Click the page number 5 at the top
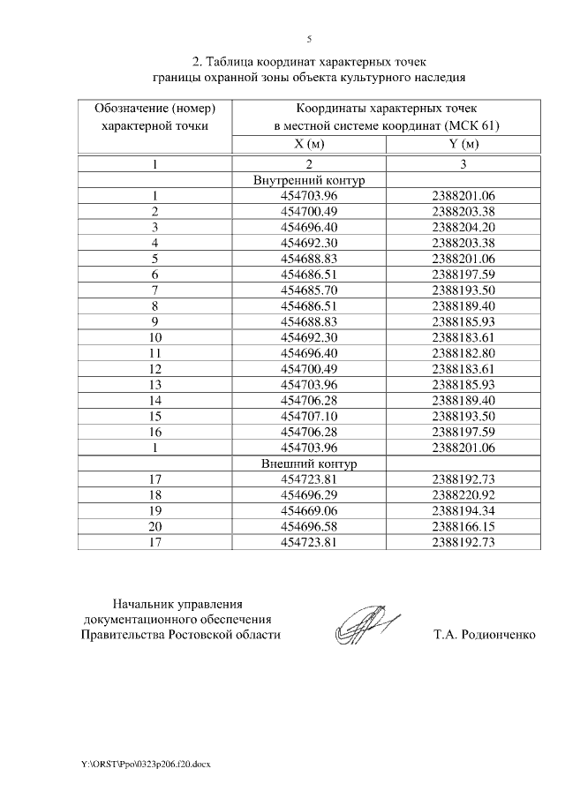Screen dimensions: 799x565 coord(309,39)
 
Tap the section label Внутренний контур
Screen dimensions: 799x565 coord(308,180)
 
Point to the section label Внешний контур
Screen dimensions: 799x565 coord(308,464)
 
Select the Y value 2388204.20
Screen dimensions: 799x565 coord(463,227)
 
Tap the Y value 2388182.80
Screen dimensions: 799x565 coord(463,353)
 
